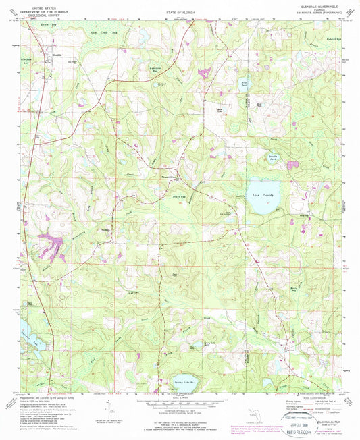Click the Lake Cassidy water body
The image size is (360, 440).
coord(263,191)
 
